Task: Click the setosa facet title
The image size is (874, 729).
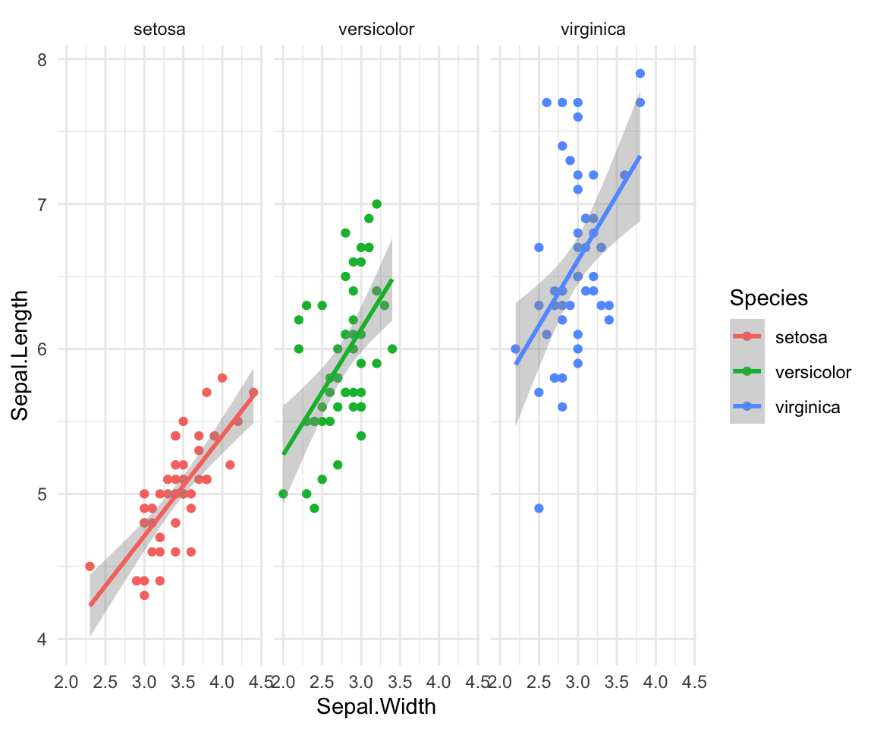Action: click(159, 30)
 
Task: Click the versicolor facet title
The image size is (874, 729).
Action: click(376, 30)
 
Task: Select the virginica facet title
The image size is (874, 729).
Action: click(593, 30)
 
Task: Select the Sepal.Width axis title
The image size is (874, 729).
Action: click(376, 707)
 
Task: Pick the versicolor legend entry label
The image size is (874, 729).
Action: click(813, 371)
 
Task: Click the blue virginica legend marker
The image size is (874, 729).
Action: click(747, 406)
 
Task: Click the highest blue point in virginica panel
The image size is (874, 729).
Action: click(640, 74)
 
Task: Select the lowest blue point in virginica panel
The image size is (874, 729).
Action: click(539, 508)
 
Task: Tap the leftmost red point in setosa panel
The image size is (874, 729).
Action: click(90, 566)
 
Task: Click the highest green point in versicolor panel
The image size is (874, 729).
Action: click(376, 204)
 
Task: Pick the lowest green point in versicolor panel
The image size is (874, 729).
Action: click(314, 508)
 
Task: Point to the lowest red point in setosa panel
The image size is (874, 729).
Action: click(144, 595)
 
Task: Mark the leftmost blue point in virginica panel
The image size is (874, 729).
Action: click(516, 349)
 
